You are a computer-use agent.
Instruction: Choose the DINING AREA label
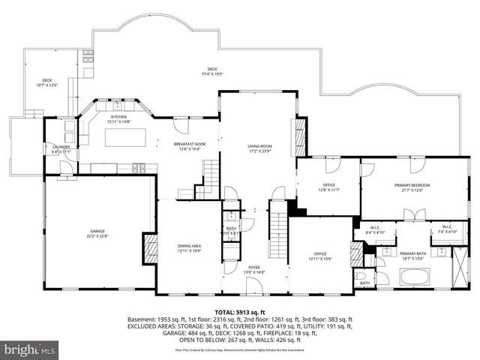click(x=188, y=245)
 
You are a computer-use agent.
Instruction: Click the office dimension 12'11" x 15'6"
click(x=321, y=259)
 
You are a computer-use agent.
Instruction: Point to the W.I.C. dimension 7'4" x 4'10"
click(x=445, y=232)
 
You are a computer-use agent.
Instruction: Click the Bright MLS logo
click(x=30, y=349)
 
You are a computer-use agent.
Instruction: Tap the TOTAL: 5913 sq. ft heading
click(x=239, y=311)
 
